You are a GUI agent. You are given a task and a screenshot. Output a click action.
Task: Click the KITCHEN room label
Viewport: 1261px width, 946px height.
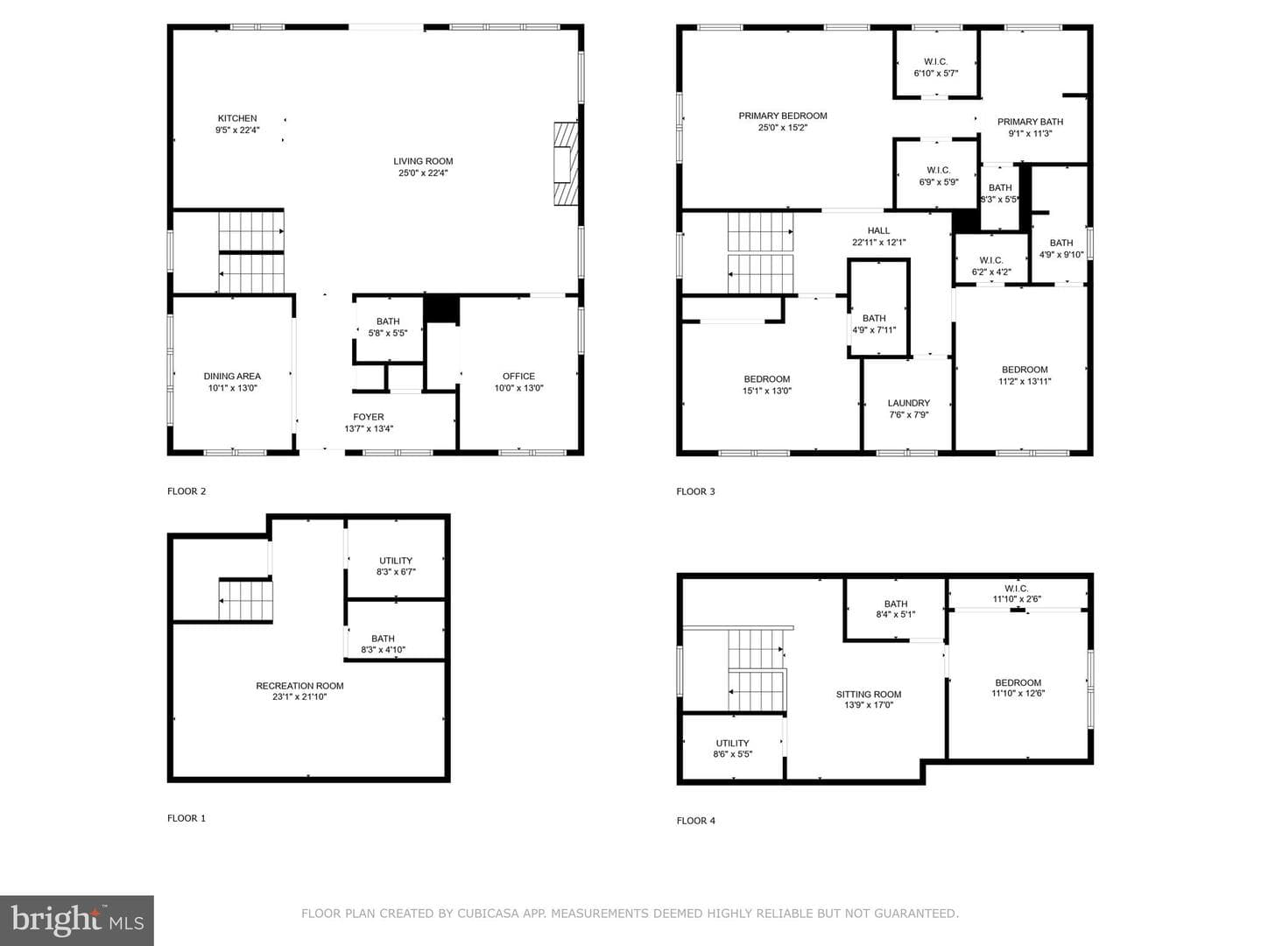click(237, 118)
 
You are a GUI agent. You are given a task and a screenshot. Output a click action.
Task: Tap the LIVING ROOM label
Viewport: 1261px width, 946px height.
click(423, 161)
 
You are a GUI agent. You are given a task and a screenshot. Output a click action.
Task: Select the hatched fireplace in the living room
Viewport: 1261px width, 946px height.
click(566, 164)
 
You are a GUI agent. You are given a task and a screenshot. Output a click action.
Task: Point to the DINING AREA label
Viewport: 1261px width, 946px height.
click(232, 377)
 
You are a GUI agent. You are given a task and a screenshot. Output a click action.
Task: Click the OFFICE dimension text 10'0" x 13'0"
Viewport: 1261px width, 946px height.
click(518, 388)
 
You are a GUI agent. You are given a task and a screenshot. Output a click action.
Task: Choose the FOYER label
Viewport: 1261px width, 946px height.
click(369, 417)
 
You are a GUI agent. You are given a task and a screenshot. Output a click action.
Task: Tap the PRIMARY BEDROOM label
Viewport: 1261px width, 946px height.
click(783, 116)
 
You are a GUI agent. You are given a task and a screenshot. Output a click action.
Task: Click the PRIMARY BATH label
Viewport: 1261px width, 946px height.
click(1030, 122)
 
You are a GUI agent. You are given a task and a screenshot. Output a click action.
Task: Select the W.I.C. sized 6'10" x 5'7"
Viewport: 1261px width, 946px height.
click(936, 67)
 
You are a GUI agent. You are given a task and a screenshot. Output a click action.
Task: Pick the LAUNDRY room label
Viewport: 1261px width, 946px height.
click(908, 403)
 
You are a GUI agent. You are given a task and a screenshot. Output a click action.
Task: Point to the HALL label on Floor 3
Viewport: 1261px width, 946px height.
click(878, 231)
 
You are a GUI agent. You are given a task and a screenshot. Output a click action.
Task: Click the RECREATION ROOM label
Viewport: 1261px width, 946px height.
click(299, 686)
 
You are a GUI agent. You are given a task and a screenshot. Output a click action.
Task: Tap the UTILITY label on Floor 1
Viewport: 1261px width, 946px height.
click(396, 561)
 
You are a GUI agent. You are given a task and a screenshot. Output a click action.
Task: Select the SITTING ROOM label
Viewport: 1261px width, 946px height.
click(869, 695)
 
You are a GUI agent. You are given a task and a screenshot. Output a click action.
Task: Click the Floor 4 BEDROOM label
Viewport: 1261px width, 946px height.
click(1018, 683)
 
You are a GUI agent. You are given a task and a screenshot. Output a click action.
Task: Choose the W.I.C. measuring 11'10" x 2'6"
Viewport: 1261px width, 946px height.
click(1017, 593)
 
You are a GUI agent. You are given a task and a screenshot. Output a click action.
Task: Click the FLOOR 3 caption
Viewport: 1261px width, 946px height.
click(695, 491)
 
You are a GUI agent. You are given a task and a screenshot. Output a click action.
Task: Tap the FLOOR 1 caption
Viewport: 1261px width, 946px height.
click(187, 818)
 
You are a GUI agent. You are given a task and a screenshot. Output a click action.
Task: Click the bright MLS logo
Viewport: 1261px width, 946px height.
click(77, 921)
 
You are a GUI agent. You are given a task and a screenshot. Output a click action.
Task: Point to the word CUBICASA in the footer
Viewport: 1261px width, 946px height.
click(488, 914)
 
